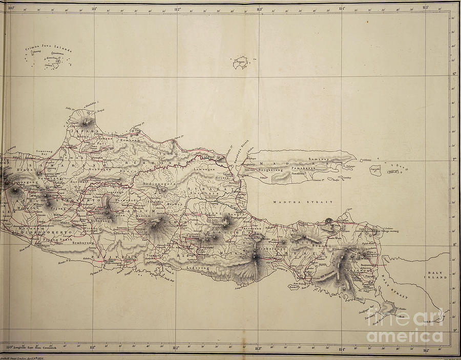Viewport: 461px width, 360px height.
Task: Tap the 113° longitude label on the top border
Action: (x=259, y=9)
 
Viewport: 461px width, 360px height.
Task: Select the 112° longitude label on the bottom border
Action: (x=176, y=348)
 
